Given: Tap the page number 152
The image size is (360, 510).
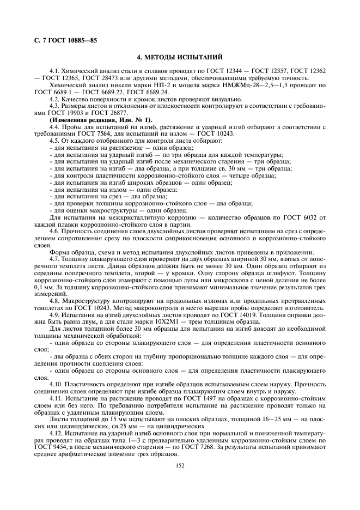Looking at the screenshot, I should point(180,465).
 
